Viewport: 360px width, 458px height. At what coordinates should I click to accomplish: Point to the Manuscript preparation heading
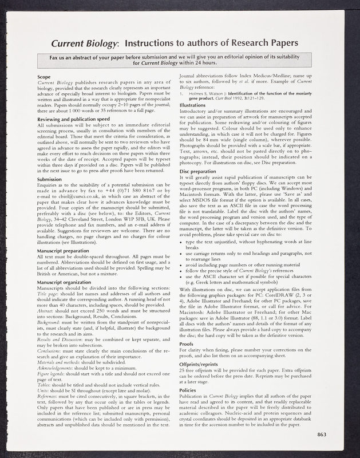(x=64, y=250)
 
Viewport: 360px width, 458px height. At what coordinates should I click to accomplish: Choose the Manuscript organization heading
(x=65, y=282)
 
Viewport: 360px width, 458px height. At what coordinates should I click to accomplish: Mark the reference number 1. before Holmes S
(x=181, y=93)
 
